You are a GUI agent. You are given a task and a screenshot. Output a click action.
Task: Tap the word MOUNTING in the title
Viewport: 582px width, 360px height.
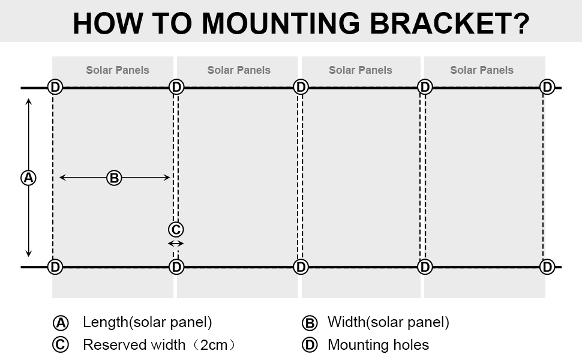(x=281, y=23)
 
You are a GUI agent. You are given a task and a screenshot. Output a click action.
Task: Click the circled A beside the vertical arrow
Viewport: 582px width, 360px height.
(x=28, y=178)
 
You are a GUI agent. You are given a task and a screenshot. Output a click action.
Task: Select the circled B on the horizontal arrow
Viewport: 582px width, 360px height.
(x=114, y=178)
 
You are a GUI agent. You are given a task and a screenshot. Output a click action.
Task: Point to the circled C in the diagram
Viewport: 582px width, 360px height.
(x=176, y=229)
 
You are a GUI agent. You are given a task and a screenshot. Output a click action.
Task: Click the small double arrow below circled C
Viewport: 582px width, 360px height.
(x=176, y=244)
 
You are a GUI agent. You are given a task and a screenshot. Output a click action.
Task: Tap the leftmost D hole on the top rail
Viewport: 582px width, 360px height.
(x=55, y=87)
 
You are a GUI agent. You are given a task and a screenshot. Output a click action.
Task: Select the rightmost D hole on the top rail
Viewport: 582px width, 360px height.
(x=547, y=87)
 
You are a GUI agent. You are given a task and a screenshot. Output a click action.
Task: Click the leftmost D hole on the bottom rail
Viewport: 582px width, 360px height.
(x=55, y=267)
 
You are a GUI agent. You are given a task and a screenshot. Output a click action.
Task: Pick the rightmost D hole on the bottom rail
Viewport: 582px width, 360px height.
(x=547, y=267)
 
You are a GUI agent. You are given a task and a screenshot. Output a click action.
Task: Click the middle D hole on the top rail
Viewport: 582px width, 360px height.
(x=301, y=87)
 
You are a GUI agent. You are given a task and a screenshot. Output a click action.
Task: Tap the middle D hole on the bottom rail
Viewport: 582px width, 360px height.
(x=301, y=267)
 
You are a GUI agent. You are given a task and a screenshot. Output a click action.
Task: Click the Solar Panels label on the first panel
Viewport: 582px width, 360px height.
(x=118, y=70)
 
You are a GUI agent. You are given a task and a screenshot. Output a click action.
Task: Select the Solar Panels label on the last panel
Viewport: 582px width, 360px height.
(x=482, y=70)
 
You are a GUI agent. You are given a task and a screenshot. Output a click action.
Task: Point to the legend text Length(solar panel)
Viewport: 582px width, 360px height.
(x=148, y=322)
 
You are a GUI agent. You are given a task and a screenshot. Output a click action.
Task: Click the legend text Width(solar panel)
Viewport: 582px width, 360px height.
(x=388, y=322)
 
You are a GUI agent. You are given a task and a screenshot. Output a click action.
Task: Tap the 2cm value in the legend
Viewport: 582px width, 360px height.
(x=214, y=345)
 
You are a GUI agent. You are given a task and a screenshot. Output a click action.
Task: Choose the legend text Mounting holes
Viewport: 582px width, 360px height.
(x=378, y=345)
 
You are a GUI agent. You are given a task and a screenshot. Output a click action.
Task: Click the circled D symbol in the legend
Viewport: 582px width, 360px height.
(x=310, y=345)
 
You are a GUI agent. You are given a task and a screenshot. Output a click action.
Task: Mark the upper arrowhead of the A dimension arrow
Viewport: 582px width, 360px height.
(x=29, y=101)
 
